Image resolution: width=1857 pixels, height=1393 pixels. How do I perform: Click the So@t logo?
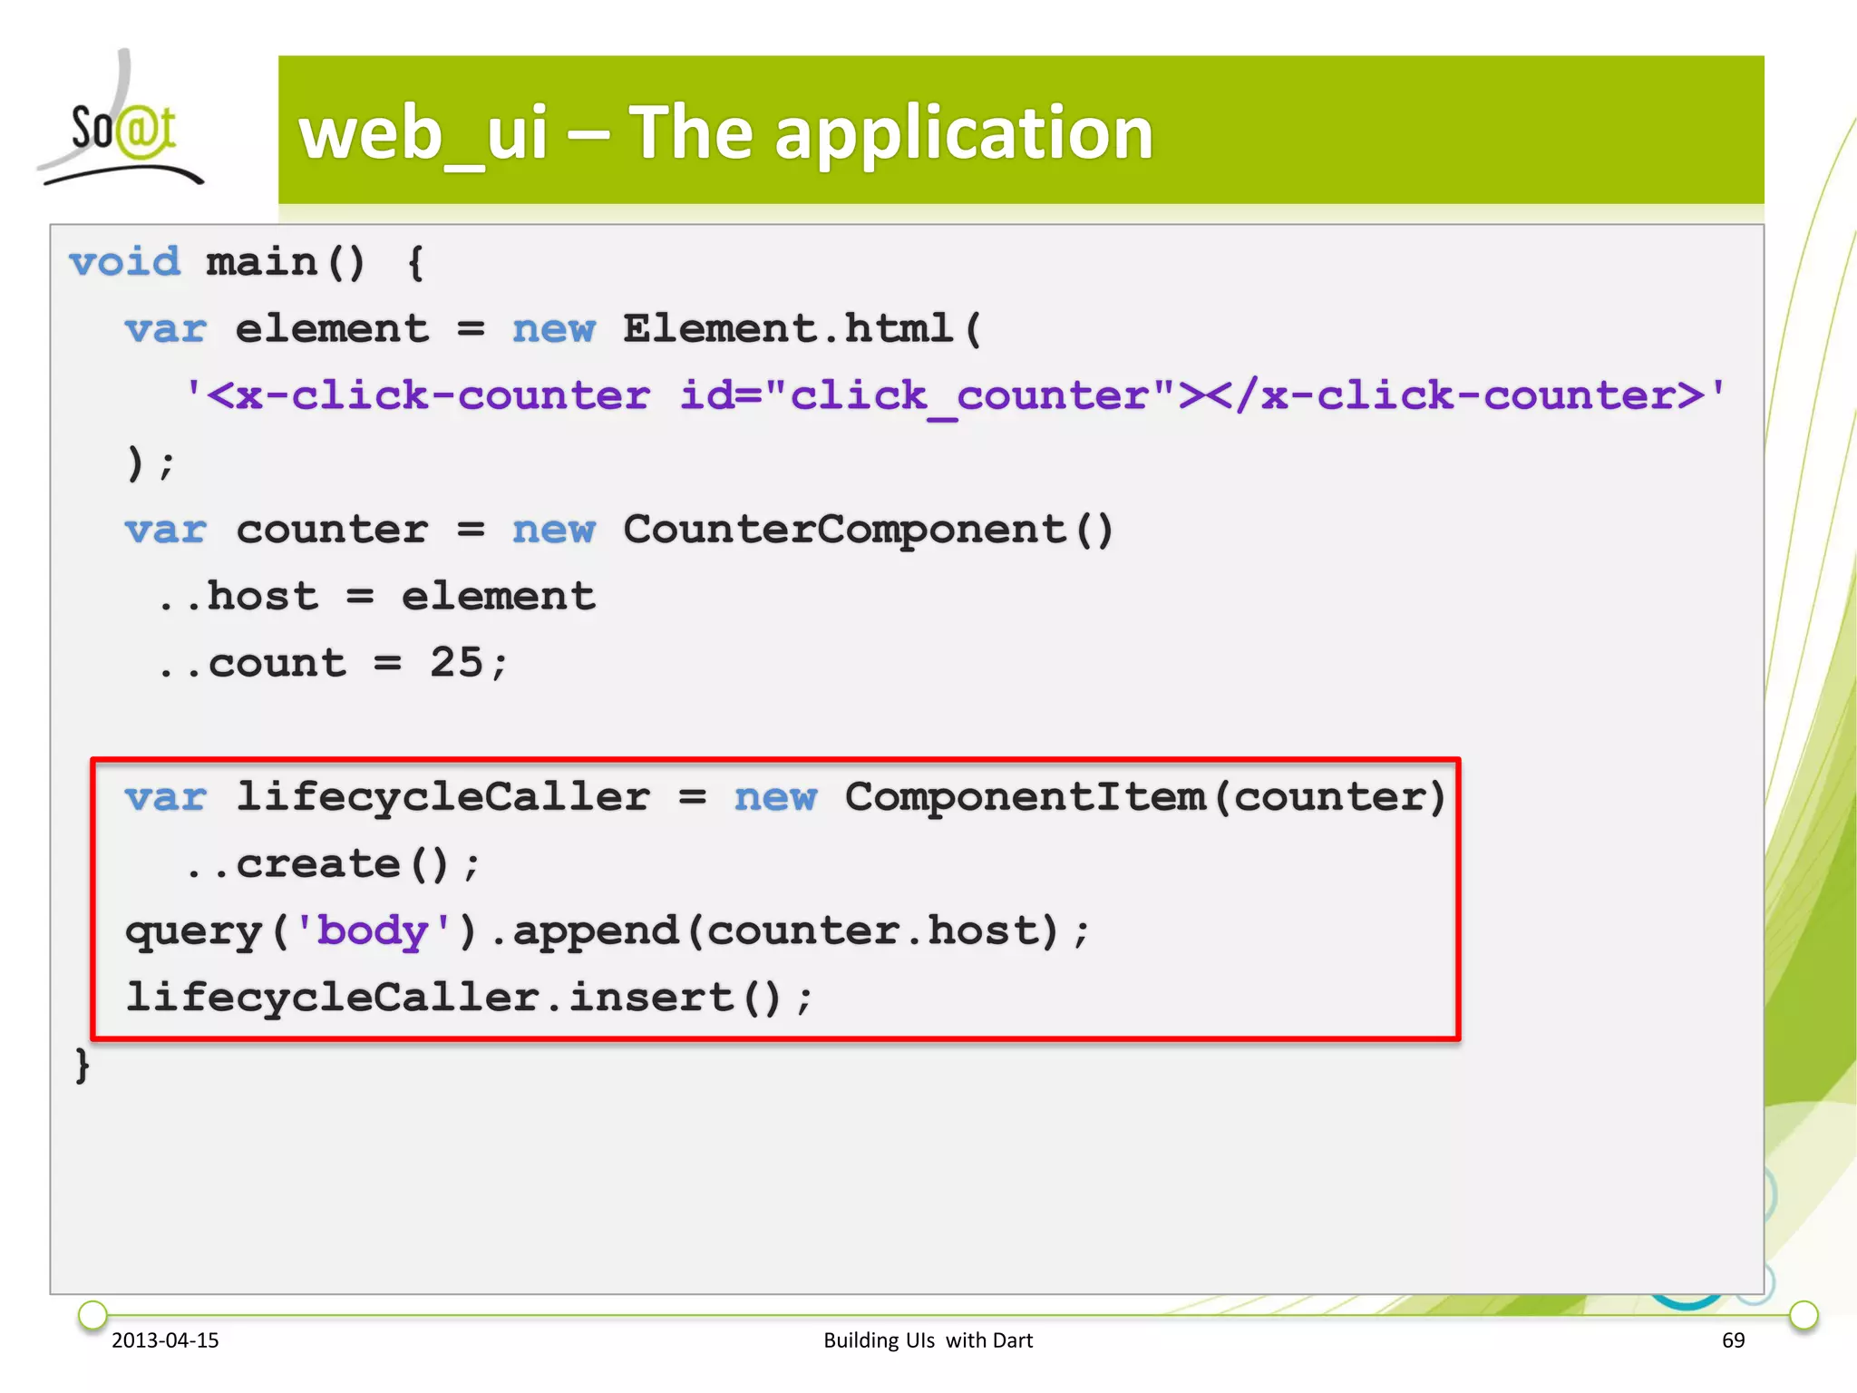pos(122,127)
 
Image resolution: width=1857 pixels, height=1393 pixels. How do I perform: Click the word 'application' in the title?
pos(963,133)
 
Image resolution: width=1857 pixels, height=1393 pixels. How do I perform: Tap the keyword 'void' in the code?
pos(125,262)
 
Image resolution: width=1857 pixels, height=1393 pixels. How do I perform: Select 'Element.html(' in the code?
pos(802,329)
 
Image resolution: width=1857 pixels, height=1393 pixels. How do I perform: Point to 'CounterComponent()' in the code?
pos(867,530)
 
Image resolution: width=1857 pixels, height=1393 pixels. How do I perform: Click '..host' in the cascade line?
pos(238,597)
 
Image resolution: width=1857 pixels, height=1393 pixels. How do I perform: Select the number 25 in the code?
pos(457,663)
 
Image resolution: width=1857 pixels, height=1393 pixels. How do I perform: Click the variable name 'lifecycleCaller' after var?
pos(442,797)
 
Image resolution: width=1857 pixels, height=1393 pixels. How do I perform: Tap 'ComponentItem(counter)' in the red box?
pos(1144,797)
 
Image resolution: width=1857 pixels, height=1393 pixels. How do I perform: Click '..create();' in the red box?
pos(332,864)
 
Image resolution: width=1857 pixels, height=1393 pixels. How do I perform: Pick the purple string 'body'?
pos(373,931)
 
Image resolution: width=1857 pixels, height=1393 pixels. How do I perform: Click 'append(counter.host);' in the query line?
pos(800,931)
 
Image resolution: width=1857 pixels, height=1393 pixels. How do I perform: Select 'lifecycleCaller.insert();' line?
pos(469,998)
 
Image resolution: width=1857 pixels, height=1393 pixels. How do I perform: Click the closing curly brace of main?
pos(83,1065)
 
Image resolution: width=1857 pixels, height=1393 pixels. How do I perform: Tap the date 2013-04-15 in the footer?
pos(165,1340)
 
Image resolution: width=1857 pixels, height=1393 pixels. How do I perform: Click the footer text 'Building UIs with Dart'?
pos(928,1340)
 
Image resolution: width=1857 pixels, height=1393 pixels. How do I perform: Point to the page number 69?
pos(1733,1340)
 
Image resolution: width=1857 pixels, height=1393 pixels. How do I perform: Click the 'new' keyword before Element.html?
pos(553,329)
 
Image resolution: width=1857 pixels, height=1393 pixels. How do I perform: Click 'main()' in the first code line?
pos(285,262)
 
